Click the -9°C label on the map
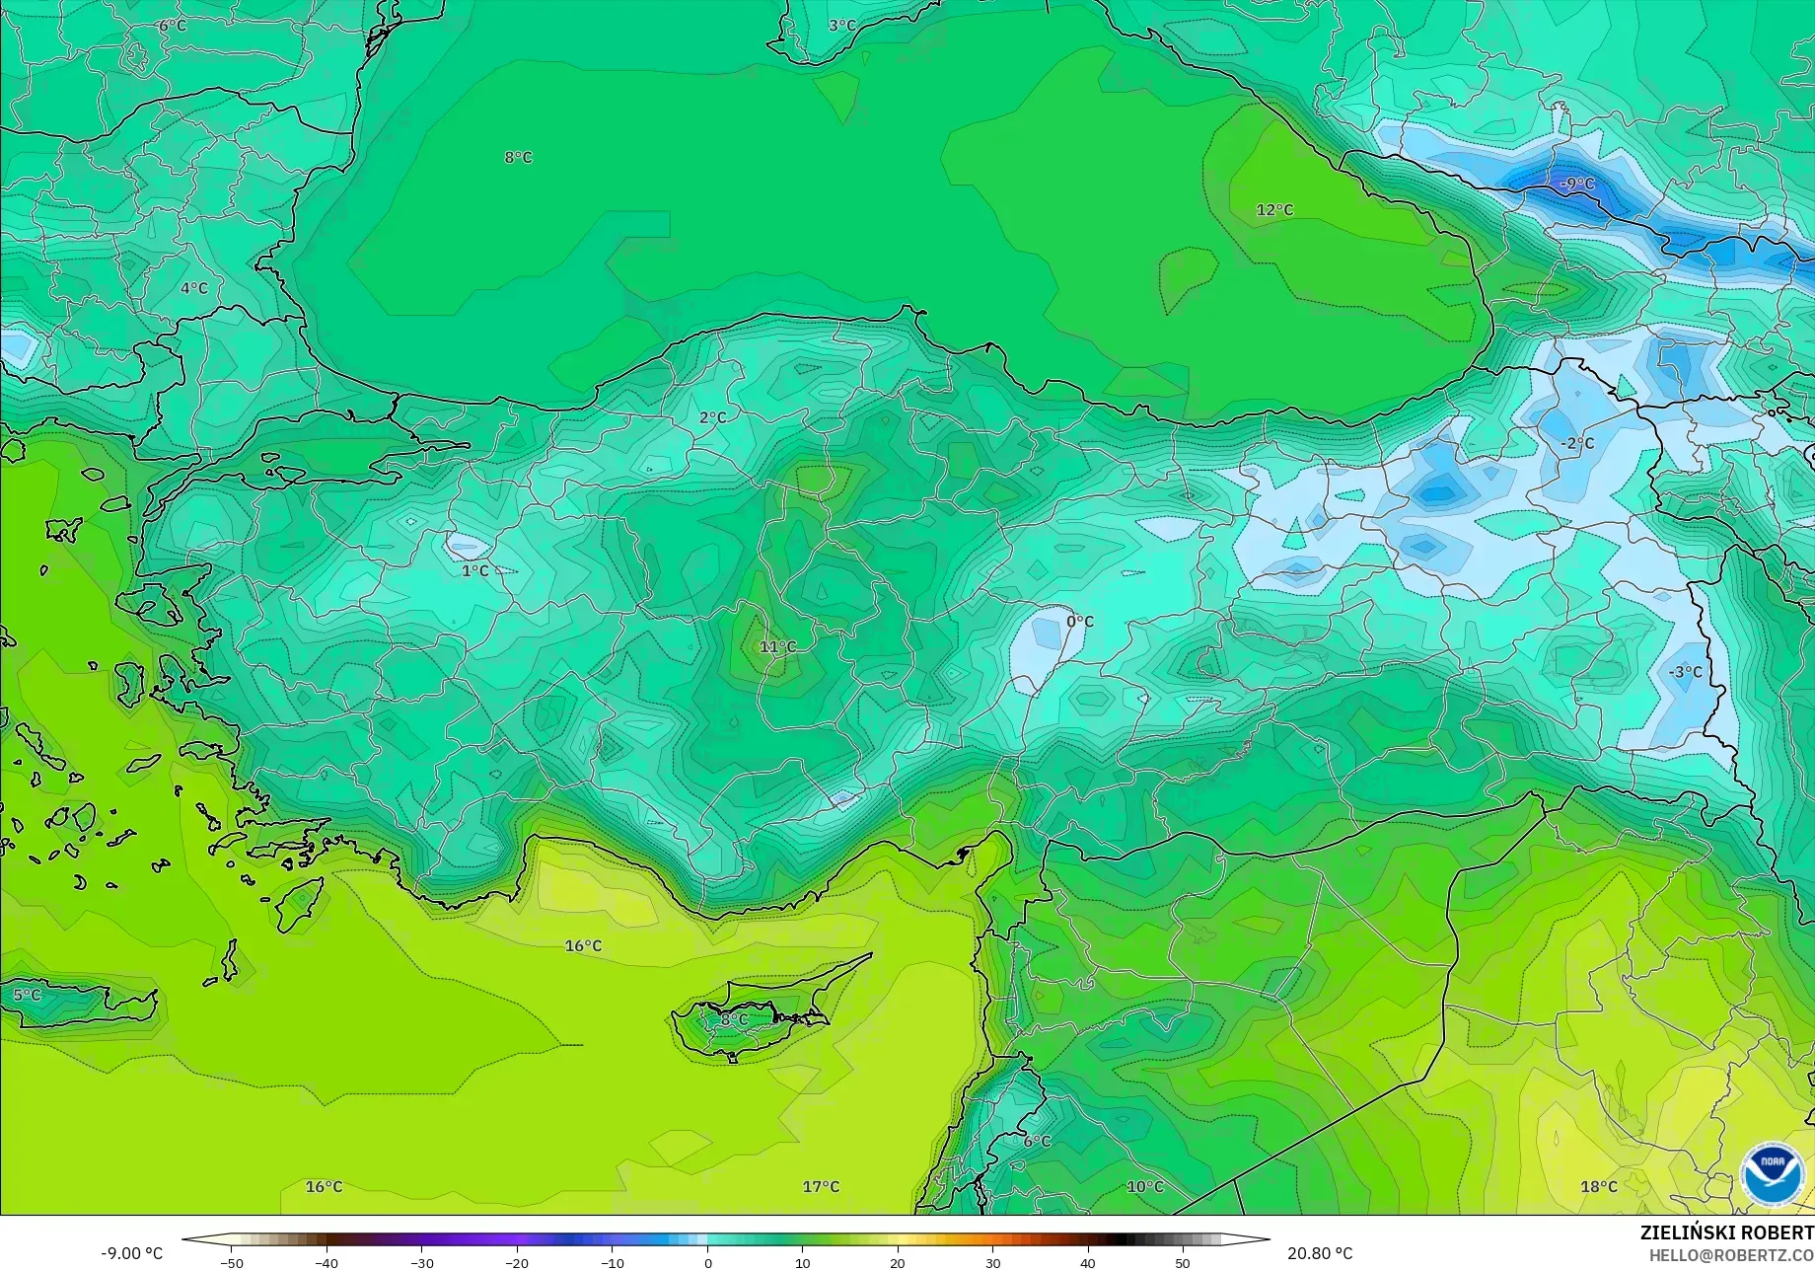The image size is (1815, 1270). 1576,184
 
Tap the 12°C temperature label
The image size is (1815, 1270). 1274,210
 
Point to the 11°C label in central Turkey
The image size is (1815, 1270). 777,647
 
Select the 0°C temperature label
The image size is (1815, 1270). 1080,622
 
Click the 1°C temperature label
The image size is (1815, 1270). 475,571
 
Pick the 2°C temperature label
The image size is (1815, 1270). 712,418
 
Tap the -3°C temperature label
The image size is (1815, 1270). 1685,672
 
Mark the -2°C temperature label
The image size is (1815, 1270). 1577,444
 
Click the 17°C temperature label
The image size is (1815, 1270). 821,1187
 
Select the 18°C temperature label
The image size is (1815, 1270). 1599,1187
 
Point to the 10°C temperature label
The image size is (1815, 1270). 1145,1187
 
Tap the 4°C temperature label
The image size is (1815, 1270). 194,289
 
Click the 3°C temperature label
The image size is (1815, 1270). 842,26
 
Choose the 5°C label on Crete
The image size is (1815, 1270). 28,995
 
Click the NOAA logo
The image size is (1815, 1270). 1772,1174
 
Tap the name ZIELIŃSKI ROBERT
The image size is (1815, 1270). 1726,1233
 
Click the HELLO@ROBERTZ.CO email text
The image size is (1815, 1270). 1731,1255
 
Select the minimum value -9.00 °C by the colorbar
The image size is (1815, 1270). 131,1253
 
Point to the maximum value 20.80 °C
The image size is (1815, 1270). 1320,1253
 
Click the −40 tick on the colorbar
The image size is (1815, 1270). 327,1262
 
